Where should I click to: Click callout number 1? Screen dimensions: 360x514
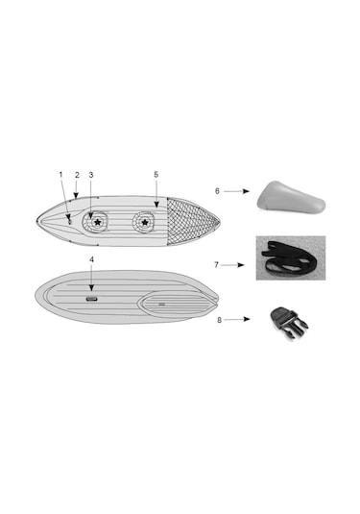60,175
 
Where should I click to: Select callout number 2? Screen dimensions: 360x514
77,175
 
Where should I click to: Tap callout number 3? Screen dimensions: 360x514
91,175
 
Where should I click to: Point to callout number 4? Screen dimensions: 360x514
92,259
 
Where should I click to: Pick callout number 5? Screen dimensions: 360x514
156,175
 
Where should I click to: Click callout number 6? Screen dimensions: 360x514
217,191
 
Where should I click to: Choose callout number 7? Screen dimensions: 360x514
216,264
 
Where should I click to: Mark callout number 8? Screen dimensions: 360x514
219,320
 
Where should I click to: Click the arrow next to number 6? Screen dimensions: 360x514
236,191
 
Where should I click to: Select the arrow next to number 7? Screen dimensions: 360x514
232,265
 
